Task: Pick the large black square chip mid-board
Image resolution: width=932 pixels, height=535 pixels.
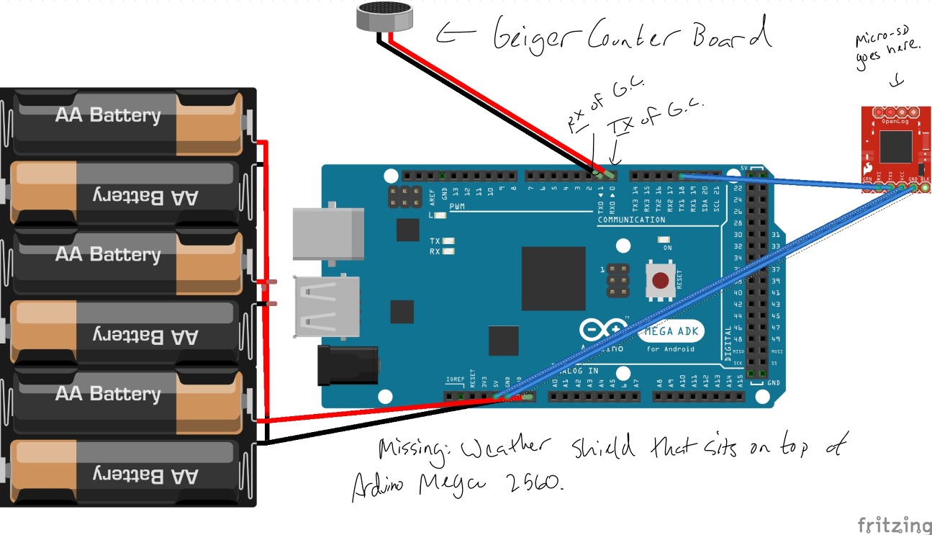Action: [553, 279]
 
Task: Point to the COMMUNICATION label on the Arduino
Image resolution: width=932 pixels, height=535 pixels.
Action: [631, 220]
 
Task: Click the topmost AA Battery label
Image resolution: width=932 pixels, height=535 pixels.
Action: [108, 115]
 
